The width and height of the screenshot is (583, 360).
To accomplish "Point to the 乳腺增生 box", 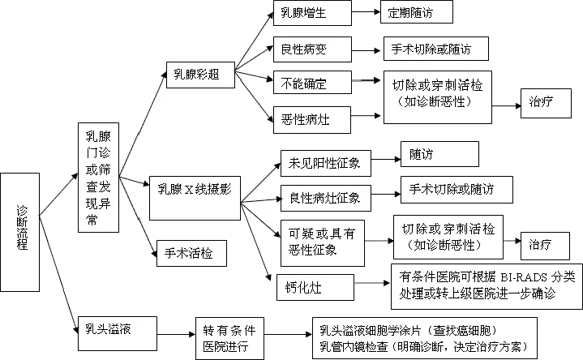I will (311, 14).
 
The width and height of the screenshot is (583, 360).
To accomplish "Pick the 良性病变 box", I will (311, 48).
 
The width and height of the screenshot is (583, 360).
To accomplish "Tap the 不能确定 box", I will (311, 82).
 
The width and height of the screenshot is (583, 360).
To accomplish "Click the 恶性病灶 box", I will (311, 119).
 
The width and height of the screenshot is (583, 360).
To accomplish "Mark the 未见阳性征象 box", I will (324, 162).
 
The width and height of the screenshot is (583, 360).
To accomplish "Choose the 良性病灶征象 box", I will (324, 197).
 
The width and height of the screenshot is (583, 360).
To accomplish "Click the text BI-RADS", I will (511, 274).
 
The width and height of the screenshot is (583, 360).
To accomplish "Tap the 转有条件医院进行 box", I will (229, 338).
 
